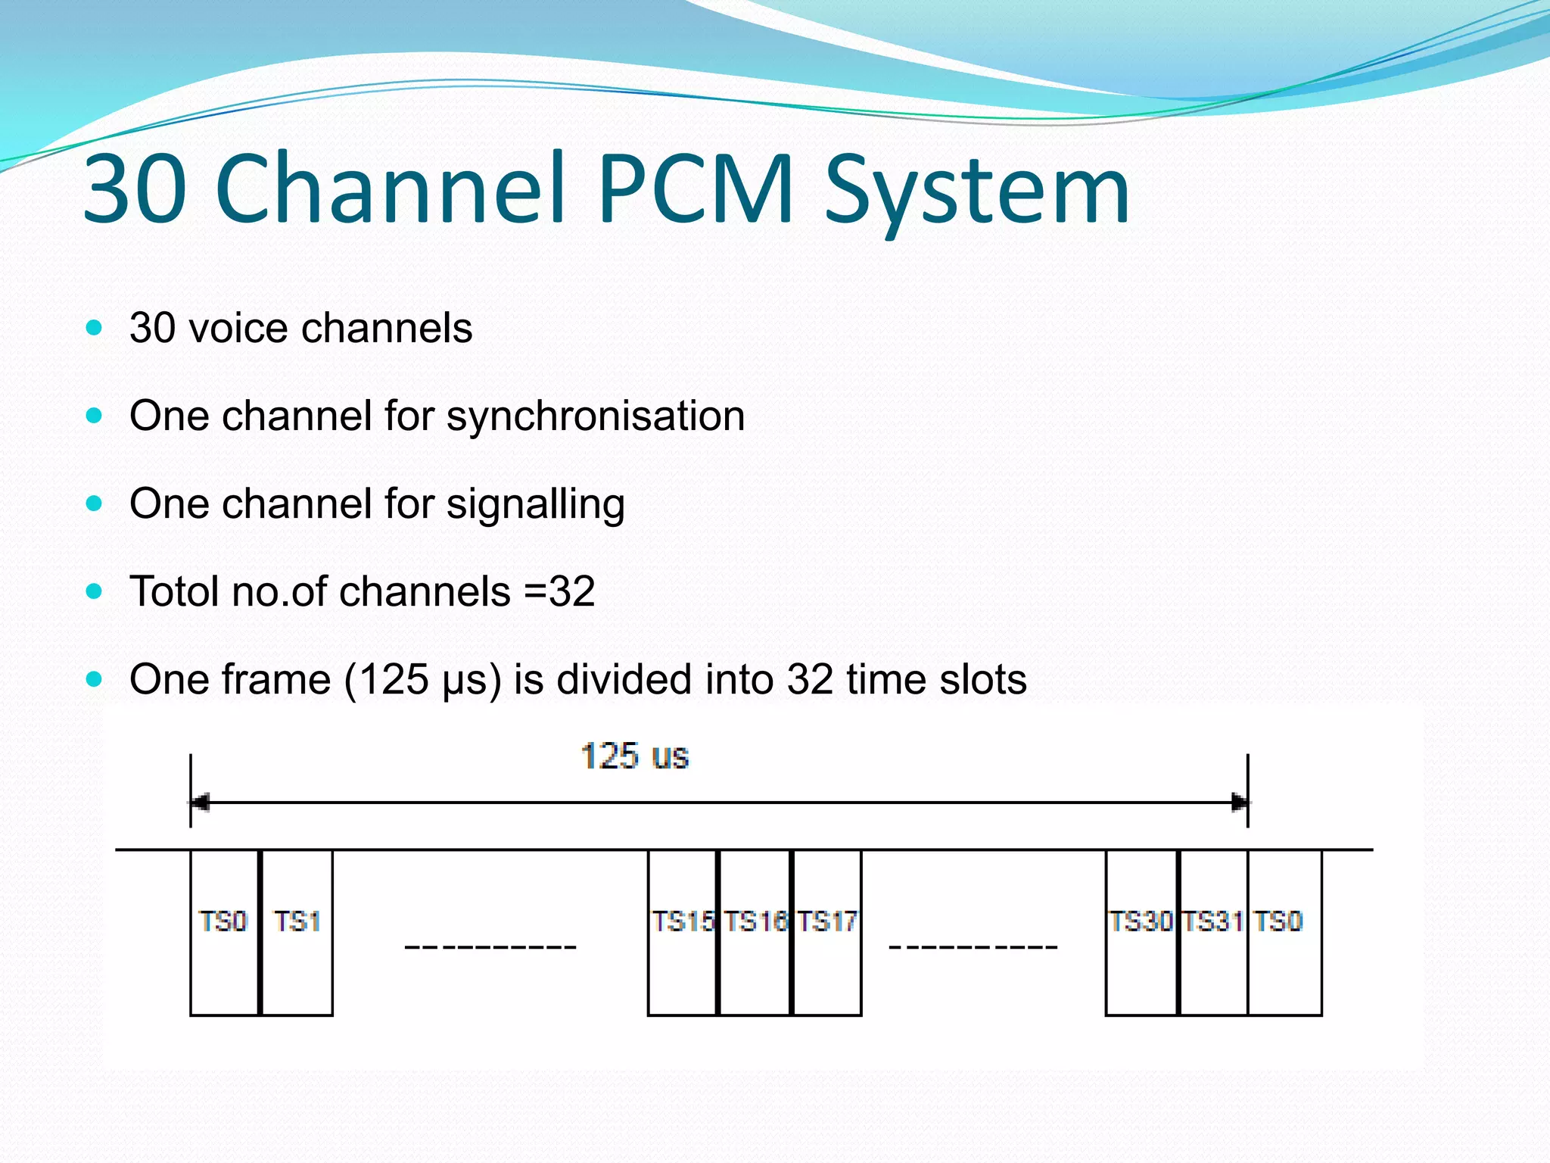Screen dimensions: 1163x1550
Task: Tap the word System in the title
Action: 976,193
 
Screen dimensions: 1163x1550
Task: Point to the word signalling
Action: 535,505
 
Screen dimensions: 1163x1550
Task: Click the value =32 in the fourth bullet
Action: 559,591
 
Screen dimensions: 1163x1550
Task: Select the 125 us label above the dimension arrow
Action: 634,756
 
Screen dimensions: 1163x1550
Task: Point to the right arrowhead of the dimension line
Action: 1240,802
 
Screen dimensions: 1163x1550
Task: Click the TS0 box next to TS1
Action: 224,932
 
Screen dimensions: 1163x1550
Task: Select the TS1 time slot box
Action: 297,932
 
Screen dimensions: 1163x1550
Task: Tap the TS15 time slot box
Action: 683,932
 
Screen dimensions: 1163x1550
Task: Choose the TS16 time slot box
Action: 755,932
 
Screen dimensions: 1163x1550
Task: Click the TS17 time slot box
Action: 826,932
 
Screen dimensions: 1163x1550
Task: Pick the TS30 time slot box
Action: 1141,932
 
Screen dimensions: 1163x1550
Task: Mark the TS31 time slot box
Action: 1213,932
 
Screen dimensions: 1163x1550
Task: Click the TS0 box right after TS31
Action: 1284,932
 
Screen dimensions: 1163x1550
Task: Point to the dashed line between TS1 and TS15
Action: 490,947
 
